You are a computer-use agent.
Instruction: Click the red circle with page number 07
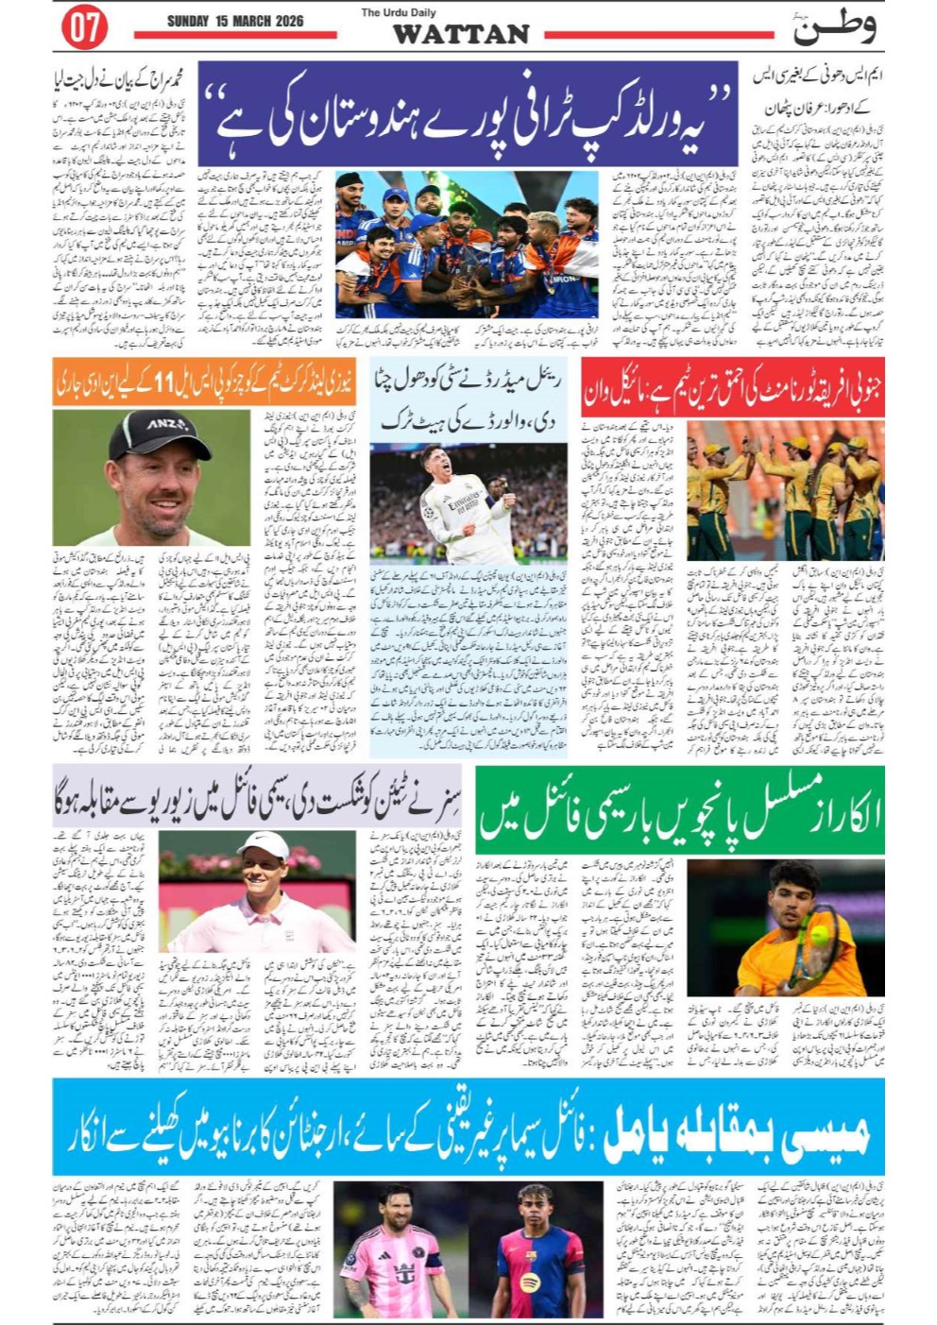pyautogui.click(x=84, y=28)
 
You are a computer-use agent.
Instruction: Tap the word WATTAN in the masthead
pyautogui.click(x=461, y=34)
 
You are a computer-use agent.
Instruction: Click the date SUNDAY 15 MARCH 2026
pyautogui.click(x=235, y=21)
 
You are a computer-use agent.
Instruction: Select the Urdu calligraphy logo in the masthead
pyautogui.click(x=834, y=27)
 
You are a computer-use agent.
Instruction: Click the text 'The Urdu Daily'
pyautogui.click(x=399, y=12)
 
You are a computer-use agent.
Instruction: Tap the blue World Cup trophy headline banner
pyautogui.click(x=468, y=114)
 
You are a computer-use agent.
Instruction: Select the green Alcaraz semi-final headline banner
pyautogui.click(x=679, y=810)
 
